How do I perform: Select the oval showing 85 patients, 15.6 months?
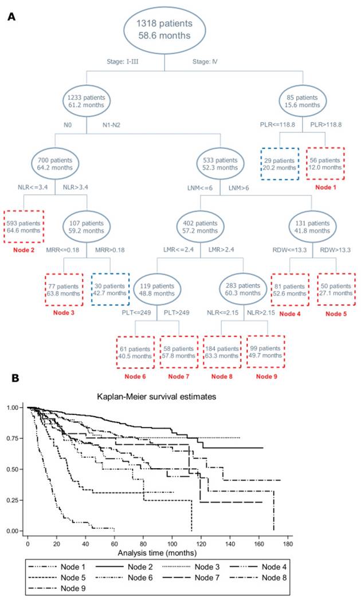299,101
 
